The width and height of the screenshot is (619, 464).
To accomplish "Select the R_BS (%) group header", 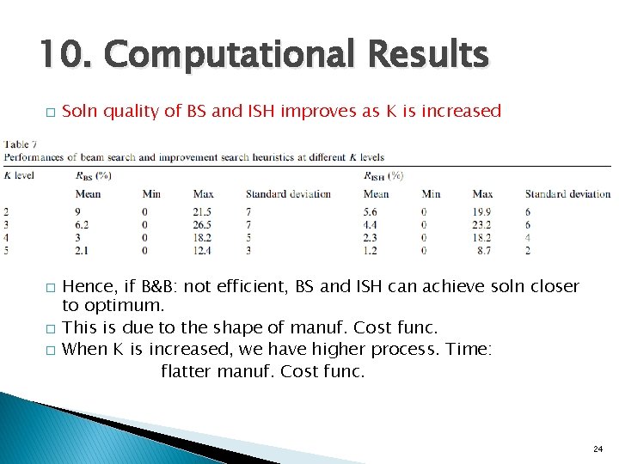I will coord(93,176).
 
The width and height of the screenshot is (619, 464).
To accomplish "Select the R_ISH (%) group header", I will coord(383,176).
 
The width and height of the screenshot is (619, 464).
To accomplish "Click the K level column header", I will coord(19,176).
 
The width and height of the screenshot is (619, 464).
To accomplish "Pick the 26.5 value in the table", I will coord(203,224).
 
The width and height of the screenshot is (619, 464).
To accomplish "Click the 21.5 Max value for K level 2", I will coord(203,211).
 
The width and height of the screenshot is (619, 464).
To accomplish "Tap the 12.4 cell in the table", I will coord(203,250).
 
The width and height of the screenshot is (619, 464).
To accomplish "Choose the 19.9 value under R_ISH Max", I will coord(482,211).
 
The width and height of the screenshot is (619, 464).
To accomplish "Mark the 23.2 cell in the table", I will coord(482,224).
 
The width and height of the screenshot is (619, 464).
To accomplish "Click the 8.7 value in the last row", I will coord(485,250).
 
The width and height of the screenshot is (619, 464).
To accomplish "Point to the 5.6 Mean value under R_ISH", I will coord(371,211).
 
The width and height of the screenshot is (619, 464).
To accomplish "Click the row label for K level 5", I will coord(7,250).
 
